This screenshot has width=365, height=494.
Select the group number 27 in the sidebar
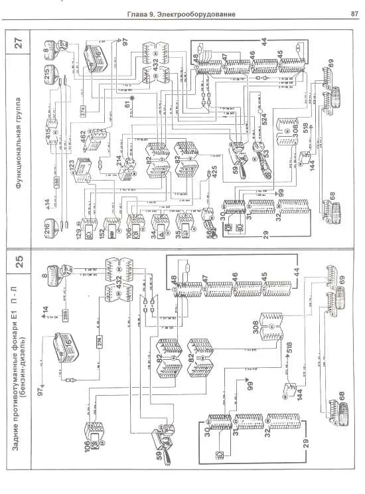point(19,45)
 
